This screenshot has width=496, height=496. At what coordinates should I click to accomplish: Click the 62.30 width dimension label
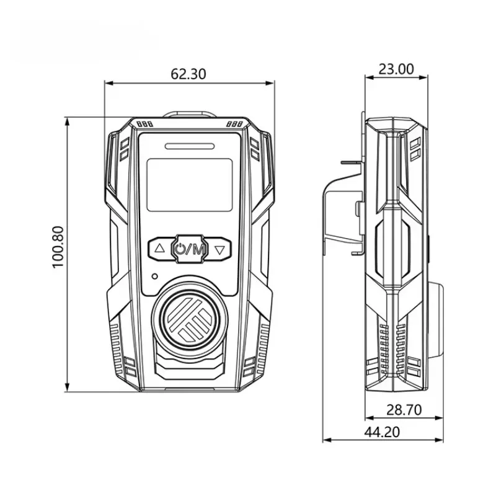(x=188, y=74)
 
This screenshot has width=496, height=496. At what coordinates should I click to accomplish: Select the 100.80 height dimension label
(x=58, y=247)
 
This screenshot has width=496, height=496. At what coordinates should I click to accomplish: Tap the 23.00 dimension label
(x=396, y=69)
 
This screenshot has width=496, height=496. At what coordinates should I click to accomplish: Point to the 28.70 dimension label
(x=404, y=410)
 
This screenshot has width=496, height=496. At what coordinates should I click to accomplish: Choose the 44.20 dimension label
(x=382, y=432)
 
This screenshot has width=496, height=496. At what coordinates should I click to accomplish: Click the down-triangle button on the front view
(x=219, y=250)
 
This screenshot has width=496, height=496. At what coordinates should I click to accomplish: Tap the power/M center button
(x=190, y=249)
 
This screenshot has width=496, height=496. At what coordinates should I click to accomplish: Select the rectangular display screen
(x=190, y=185)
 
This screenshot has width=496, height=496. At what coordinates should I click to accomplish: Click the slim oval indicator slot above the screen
(x=190, y=146)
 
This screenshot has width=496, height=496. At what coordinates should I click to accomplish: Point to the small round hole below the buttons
(x=154, y=276)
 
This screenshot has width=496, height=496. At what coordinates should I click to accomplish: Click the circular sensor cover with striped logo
(x=190, y=320)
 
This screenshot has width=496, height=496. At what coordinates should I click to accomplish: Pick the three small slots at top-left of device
(x=144, y=125)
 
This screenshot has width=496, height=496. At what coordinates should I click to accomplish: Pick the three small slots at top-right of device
(x=234, y=124)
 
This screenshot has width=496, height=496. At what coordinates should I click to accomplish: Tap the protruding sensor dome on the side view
(x=436, y=319)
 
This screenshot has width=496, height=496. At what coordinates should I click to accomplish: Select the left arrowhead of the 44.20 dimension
(x=327, y=440)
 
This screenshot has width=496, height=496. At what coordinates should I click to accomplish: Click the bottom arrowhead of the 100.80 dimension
(x=67, y=388)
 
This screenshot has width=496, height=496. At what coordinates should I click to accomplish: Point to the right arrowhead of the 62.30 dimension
(x=270, y=83)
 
